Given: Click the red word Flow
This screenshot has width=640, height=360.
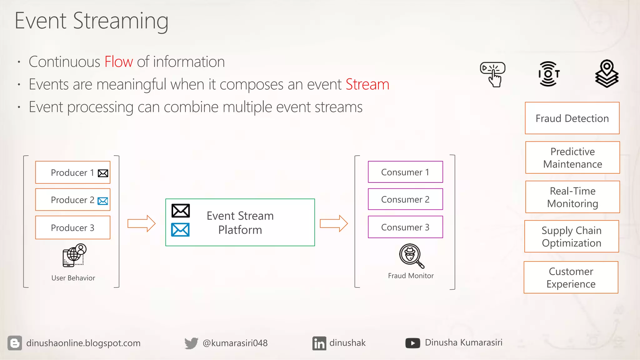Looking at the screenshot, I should point(118,62).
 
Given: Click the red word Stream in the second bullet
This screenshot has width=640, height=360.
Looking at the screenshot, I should point(367,84).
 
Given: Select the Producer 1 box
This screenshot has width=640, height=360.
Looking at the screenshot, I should point(72,172).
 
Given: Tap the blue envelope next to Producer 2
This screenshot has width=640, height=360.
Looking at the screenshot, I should point(103,201).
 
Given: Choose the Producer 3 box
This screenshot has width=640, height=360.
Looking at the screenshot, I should point(72,227).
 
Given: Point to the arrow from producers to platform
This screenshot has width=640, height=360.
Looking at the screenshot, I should point(141,223).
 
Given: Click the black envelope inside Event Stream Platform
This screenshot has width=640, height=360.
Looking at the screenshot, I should point(181,211).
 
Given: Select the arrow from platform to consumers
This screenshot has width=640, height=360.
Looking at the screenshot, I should point(334,223).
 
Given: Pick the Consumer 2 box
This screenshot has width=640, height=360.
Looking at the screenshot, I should point(405,199).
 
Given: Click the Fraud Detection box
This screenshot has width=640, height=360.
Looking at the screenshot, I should point(572,118).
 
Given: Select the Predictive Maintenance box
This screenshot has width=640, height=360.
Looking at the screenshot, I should point(572,157).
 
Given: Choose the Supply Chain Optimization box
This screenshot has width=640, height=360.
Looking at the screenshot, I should point(571,237).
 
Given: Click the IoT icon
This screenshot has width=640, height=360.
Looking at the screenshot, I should point(549,74).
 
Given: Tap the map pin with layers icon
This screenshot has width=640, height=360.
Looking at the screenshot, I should point(607,74).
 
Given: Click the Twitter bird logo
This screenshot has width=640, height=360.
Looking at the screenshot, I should point(191,343).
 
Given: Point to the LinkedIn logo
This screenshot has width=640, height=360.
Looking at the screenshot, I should point(319,343).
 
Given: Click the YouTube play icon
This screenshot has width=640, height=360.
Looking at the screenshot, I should point(412,343).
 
